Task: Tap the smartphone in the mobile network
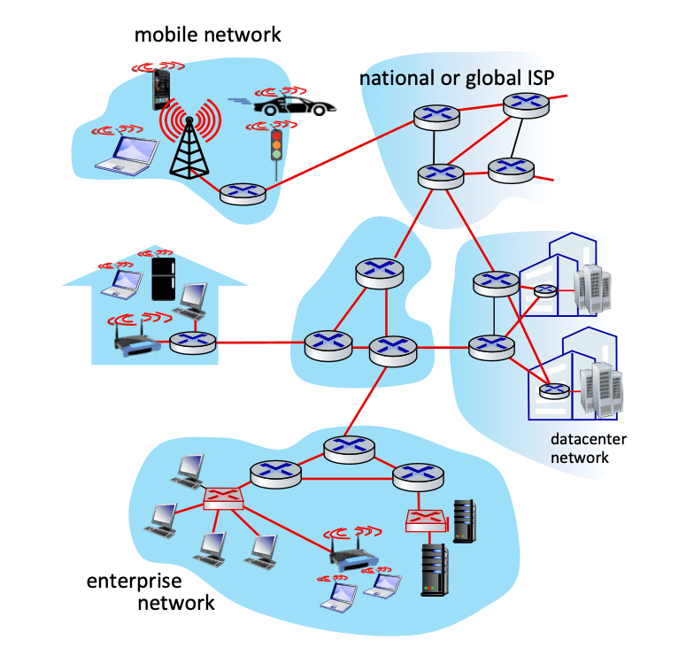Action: pyautogui.click(x=161, y=89)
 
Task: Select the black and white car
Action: pyautogui.click(x=294, y=106)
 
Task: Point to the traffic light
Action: pyautogui.click(x=276, y=146)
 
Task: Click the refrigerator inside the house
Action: pyautogui.click(x=163, y=279)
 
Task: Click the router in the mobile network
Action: pyautogui.click(x=243, y=194)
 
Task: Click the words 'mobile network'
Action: pyautogui.click(x=207, y=35)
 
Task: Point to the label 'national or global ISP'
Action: pyautogui.click(x=457, y=78)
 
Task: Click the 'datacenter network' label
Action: pyautogui.click(x=588, y=448)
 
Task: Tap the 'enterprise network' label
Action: pyautogui.click(x=150, y=592)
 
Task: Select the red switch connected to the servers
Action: pyautogui.click(x=427, y=520)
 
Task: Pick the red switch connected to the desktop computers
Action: pyautogui.click(x=223, y=499)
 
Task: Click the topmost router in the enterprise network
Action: pyautogui.click(x=349, y=450)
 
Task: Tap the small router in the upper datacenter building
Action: pyautogui.click(x=545, y=290)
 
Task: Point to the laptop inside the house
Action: pyautogui.click(x=122, y=283)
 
